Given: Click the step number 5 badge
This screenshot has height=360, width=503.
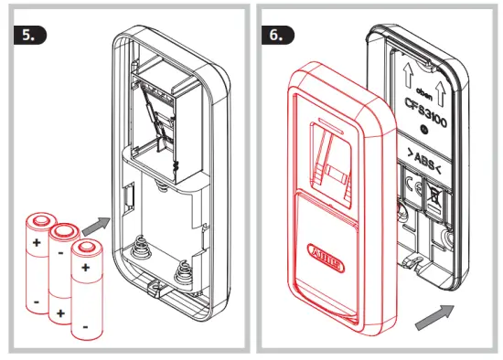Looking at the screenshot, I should [x=30, y=34].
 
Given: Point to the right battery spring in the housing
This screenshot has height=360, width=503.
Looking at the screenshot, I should [x=185, y=270].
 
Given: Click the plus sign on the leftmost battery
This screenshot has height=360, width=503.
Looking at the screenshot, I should [x=37, y=243].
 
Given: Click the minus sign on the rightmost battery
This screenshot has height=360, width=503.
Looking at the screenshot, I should [x=86, y=323].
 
